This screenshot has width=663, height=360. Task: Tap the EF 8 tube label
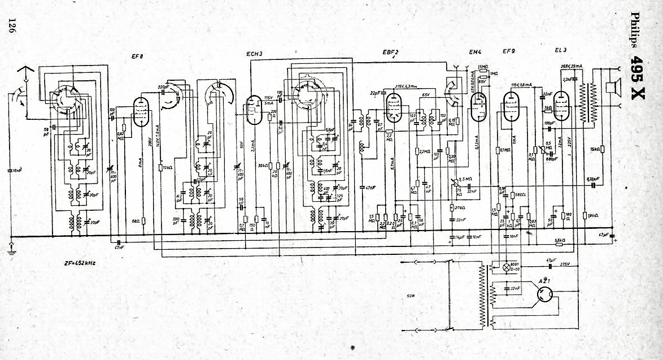[137, 55]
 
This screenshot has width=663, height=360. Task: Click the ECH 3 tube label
[254, 54]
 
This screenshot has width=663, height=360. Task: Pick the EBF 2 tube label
[390, 53]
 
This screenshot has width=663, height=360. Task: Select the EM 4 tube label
[475, 53]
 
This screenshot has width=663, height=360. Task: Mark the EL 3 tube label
[561, 51]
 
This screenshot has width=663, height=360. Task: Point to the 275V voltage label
[565, 264]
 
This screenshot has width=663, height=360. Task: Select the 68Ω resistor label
[136, 221]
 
